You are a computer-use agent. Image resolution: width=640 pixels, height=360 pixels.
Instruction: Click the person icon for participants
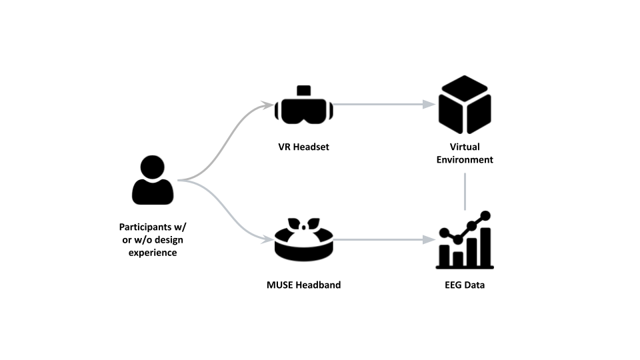153,181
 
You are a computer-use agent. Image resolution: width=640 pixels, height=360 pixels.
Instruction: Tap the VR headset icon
304,107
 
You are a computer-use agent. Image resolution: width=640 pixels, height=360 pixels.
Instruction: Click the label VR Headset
304,147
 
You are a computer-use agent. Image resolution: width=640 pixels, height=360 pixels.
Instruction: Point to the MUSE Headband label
304,285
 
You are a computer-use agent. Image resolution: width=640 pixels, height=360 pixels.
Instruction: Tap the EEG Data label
465,285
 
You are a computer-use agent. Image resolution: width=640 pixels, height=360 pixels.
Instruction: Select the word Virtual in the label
465,147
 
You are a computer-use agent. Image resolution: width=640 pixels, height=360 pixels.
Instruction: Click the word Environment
465,160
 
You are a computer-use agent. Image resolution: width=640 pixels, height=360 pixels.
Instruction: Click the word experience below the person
153,253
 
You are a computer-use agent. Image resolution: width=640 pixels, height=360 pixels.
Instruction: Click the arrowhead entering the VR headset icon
269,105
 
